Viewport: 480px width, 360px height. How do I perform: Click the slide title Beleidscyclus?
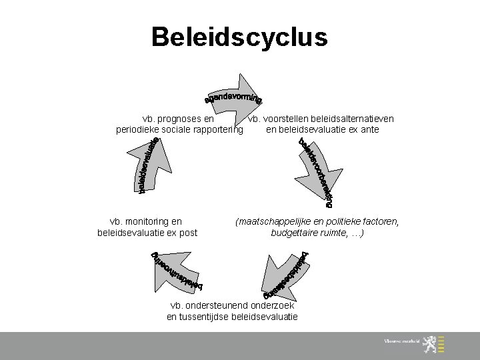(239, 37)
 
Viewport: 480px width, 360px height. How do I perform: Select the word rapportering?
(215, 129)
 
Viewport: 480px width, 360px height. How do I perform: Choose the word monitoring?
(147, 221)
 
